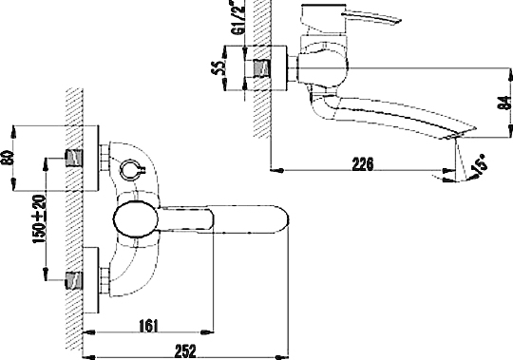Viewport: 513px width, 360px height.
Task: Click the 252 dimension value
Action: tap(185, 349)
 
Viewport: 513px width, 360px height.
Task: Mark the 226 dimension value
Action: tap(361, 163)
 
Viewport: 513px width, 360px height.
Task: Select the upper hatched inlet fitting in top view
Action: tap(71, 157)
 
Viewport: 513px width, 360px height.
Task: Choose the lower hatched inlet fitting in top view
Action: tap(71, 280)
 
